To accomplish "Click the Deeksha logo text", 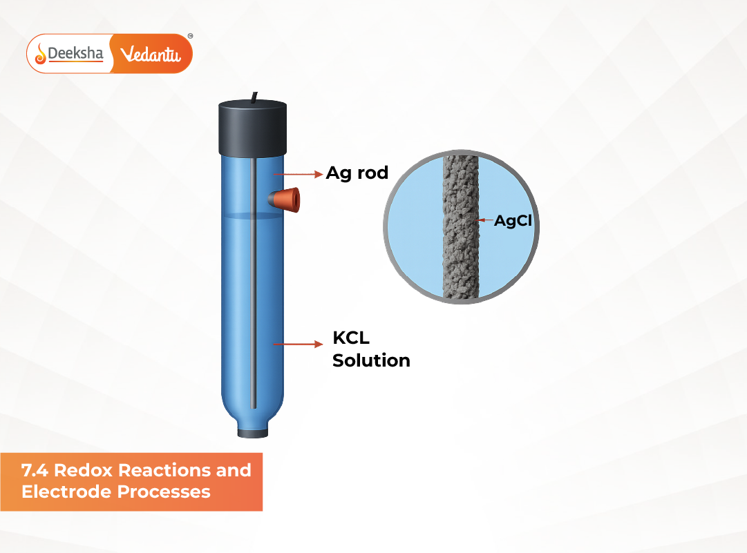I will coord(76,53).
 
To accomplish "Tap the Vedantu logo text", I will coord(150,54).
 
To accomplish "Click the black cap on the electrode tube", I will coord(253,128).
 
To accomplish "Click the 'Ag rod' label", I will coord(357,173).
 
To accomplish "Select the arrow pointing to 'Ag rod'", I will coord(297,174).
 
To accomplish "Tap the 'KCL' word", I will coord(351,338).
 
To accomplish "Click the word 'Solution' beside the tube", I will coord(371,360).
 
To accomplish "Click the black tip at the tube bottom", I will coord(253,433).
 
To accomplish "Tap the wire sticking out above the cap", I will coord(255,96).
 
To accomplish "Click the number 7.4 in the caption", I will coord(35,471).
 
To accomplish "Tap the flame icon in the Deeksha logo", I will coord(41,53).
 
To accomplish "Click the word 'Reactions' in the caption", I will coord(166,471).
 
